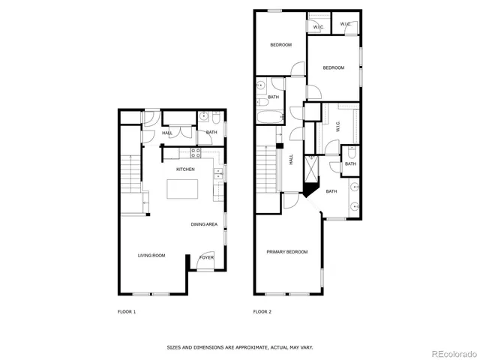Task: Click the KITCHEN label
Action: [185, 169]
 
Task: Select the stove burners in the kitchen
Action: [195, 152]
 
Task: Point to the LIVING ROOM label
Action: [151, 256]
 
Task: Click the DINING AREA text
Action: [204, 224]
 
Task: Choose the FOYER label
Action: [206, 258]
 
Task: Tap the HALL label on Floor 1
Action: [167, 133]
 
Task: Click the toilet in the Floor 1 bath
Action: [216, 119]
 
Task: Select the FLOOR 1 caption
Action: [127, 311]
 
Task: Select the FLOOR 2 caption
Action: [262, 311]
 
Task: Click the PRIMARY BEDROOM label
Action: [287, 252]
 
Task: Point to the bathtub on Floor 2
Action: [269, 117]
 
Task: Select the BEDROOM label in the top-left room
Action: [281, 45]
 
